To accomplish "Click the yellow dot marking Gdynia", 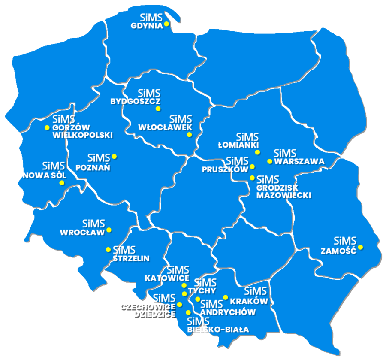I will coord(166,24).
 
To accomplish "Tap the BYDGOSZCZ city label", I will coord(135,102).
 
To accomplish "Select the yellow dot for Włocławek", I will coord(189,135).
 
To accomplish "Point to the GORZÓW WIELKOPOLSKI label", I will coord(82,131).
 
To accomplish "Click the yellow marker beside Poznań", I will coord(114,156).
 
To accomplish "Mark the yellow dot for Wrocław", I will coord(109,230).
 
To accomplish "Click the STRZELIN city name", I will coord(131,258).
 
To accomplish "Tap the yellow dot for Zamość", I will coord(361,247).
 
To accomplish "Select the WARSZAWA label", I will coord(299,162).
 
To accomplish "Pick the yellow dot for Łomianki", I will coord(257,152).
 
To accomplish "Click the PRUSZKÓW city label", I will coord(225,169).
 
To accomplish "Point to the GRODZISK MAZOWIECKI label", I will coord(283,191).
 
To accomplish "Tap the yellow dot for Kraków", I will coord(225,297).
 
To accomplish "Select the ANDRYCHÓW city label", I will coord(228,312).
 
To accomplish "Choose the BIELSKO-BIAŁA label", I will coord(218,330).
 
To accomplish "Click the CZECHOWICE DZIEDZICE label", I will coord(148,310).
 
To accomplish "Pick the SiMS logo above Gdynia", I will coord(151,18).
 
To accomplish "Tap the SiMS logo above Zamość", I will coord(345,241).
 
